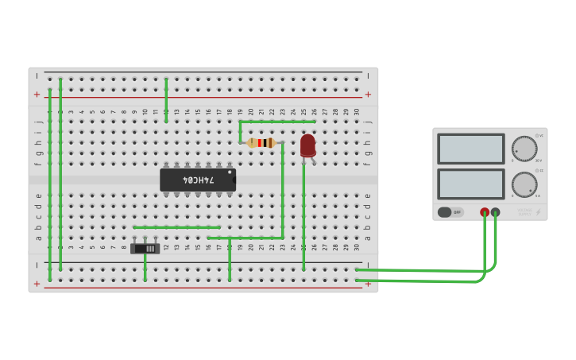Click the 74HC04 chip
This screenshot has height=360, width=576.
coord(197,180)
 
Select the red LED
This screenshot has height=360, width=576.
coord(307,145)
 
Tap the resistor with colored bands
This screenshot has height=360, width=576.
coord(261,143)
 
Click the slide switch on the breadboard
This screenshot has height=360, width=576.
coord(145,248)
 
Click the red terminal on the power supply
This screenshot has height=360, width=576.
coord(485,212)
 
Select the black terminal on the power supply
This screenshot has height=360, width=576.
coord(496,212)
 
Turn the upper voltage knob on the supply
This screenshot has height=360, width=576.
coord(524,149)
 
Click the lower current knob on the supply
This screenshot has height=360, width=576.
coord(524,184)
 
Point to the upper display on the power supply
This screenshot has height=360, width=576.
coord(470,149)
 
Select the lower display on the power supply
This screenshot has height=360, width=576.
coord(470,184)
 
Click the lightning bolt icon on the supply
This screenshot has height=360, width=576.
coord(538,212)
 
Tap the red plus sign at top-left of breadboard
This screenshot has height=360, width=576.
coord(37,95)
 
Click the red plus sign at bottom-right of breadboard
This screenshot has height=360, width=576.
coord(368,284)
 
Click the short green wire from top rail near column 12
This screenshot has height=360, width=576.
coord(166,99)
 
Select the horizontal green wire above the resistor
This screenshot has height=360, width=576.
coord(277,122)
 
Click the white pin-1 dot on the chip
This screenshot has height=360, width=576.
coord(230,172)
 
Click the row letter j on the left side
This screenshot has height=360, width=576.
coord(37,122)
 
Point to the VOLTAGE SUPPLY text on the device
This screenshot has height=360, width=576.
coord(524,212)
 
